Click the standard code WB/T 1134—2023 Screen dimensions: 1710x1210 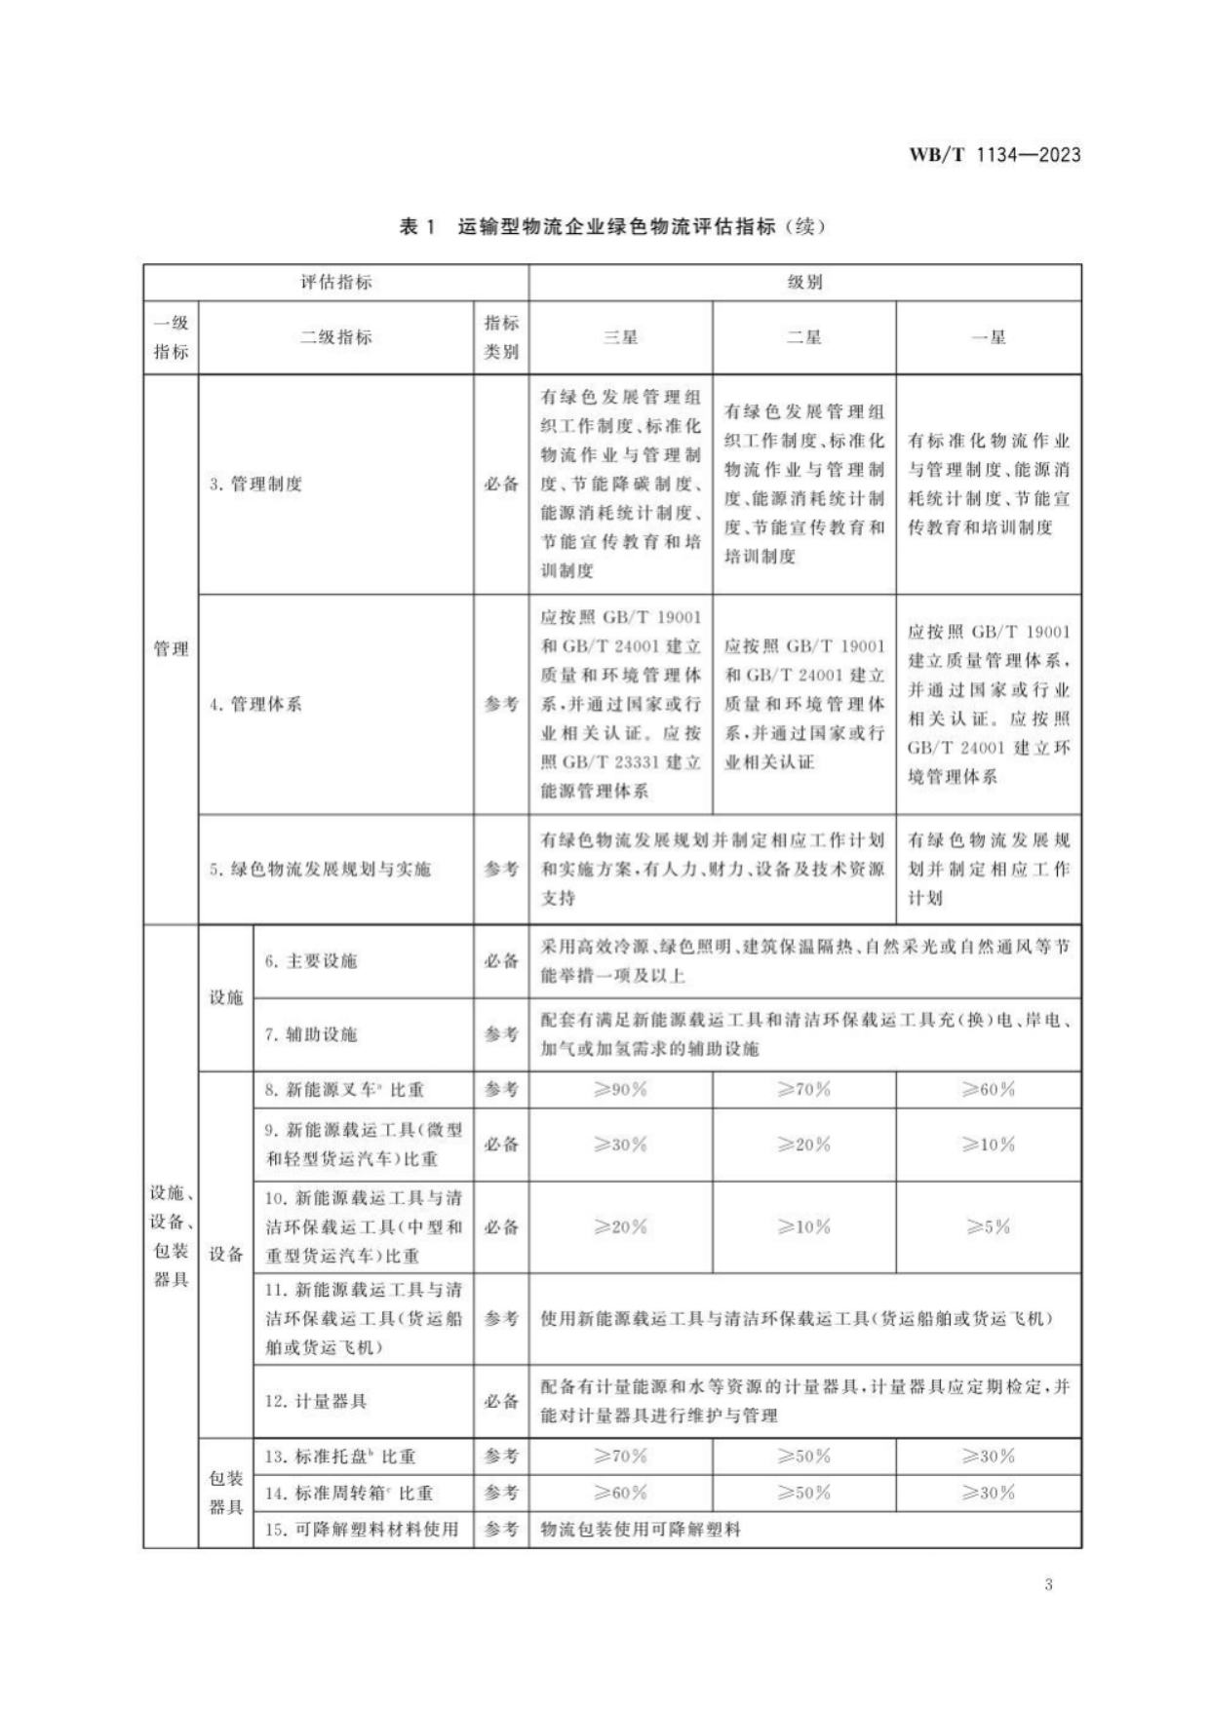995,155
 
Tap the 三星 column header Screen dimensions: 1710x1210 620,337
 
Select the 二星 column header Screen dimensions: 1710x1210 803,337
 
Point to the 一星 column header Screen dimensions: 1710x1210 988,337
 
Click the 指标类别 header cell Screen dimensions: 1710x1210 501,337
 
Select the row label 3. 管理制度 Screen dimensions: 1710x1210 255,484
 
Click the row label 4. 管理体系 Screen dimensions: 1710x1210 255,704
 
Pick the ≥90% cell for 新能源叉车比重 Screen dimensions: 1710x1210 620,1090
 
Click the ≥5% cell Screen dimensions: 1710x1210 988,1227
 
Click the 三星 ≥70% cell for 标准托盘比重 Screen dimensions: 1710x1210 620,1457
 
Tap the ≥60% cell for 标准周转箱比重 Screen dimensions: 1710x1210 620,1493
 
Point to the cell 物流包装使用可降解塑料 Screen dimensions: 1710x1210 641,1530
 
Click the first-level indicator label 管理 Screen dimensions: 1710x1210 171,649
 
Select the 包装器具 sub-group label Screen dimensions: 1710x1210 225,1493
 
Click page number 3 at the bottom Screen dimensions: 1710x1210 1048,1584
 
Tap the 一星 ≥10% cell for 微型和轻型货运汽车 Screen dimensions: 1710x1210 988,1145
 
